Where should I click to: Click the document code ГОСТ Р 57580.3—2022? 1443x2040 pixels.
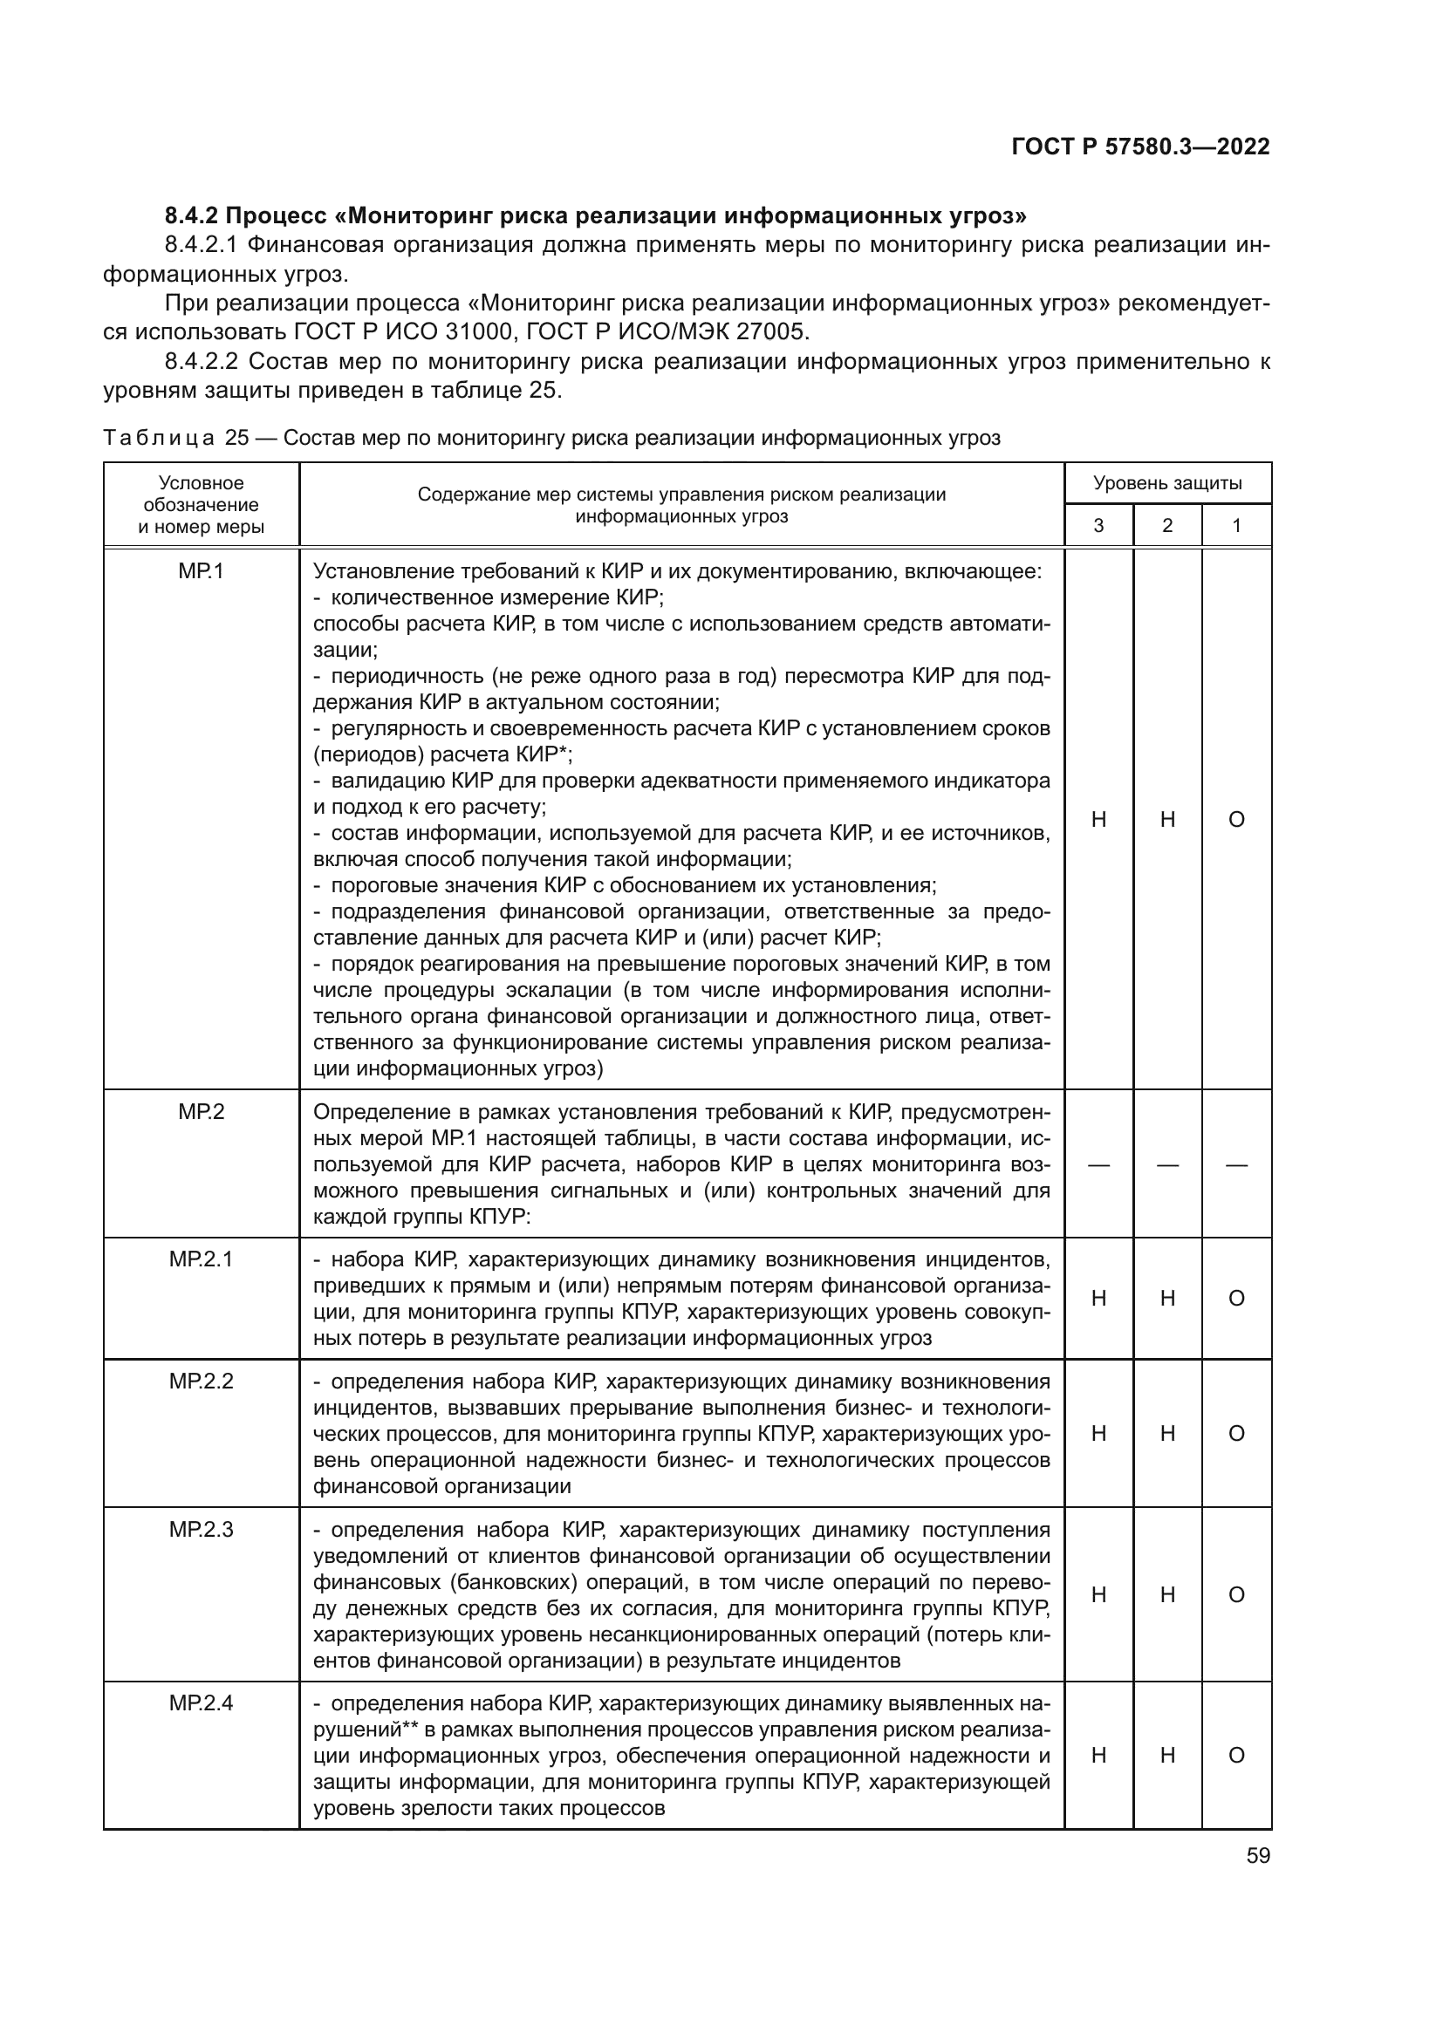pyautogui.click(x=1140, y=147)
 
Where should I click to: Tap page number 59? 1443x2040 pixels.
pyautogui.click(x=1257, y=1856)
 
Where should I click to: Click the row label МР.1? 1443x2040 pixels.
pyautogui.click(x=201, y=571)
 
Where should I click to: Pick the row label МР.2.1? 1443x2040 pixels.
pyautogui.click(x=201, y=1259)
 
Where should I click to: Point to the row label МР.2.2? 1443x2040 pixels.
pyautogui.click(x=201, y=1382)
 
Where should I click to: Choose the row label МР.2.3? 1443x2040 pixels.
pyautogui.click(x=201, y=1530)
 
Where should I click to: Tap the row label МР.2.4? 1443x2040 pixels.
pyautogui.click(x=201, y=1703)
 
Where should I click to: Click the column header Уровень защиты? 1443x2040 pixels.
pyautogui.click(x=1166, y=483)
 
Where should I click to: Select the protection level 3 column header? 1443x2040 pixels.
pyautogui.click(x=1098, y=526)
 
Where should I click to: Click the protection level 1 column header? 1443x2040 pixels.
pyautogui.click(x=1236, y=526)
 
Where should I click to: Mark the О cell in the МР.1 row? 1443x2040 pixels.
pyautogui.click(x=1236, y=820)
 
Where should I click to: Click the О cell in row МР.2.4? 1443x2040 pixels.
pyautogui.click(x=1236, y=1755)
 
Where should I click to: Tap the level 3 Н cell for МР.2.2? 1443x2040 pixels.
pyautogui.click(x=1098, y=1433)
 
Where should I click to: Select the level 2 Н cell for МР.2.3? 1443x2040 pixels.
pyautogui.click(x=1167, y=1595)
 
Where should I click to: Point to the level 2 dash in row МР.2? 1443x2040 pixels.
pyautogui.click(x=1167, y=1165)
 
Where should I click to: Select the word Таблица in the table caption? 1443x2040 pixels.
pyautogui.click(x=158, y=438)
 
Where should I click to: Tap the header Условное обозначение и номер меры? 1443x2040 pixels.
pyautogui.click(x=201, y=505)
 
